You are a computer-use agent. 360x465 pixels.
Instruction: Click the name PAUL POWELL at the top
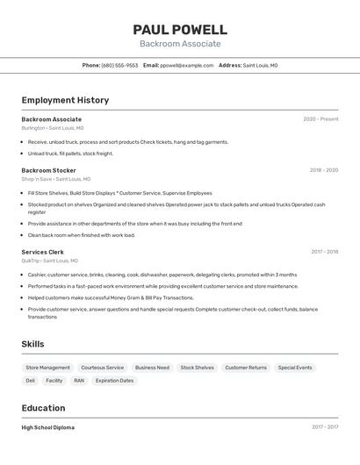pyautogui.click(x=180, y=30)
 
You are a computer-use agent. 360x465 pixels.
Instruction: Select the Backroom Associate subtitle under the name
pyautogui.click(x=180, y=44)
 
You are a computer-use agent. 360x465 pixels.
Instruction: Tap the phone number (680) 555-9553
pyautogui.click(x=119, y=65)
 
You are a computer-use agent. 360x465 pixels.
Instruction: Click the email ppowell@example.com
pyautogui.click(x=187, y=65)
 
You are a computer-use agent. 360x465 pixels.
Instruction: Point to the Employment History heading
pyautogui.click(x=65, y=100)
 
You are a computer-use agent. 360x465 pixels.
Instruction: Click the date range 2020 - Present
pyautogui.click(x=320, y=119)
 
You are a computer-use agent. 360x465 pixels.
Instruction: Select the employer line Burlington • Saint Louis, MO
pyautogui.click(x=59, y=128)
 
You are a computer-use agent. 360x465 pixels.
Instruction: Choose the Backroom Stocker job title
pyautogui.click(x=48, y=170)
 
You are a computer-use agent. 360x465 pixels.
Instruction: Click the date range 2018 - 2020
pyautogui.click(x=323, y=170)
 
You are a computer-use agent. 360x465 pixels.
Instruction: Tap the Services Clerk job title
pyautogui.click(x=42, y=252)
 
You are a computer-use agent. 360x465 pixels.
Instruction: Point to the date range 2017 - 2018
pyautogui.click(x=324, y=252)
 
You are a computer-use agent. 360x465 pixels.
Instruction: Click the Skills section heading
pyautogui.click(x=32, y=344)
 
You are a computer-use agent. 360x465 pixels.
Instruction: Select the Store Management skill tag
pyautogui.click(x=47, y=368)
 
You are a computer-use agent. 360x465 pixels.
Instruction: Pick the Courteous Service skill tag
pyautogui.click(x=102, y=368)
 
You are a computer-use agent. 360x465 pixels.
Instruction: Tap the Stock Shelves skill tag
pyautogui.click(x=197, y=368)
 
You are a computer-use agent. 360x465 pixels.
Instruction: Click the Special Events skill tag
pyautogui.click(x=295, y=368)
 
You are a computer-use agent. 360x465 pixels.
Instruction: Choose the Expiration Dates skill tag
pyautogui.click(x=114, y=381)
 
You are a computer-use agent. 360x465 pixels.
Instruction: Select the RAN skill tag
pyautogui.click(x=79, y=381)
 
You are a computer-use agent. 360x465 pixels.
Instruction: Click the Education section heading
pyautogui.click(x=43, y=408)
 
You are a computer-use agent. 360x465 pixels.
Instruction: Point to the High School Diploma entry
pyautogui.click(x=47, y=427)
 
